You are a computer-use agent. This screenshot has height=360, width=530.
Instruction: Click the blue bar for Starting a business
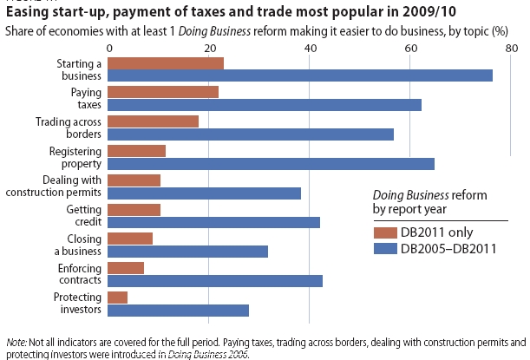(300, 75)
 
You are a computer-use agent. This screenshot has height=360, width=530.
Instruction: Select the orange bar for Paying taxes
(163, 92)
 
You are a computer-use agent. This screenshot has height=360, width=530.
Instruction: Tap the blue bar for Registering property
(272, 163)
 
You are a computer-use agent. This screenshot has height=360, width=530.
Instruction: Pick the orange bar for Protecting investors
(118, 297)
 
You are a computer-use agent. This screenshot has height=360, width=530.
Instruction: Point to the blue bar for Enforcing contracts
(215, 281)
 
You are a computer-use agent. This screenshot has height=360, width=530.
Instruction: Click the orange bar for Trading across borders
(154, 121)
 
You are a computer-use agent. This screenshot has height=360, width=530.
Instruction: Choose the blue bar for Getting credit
(214, 222)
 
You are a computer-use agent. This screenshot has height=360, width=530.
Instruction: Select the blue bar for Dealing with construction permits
(205, 193)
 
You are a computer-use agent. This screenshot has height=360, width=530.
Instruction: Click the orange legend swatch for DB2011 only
(383, 232)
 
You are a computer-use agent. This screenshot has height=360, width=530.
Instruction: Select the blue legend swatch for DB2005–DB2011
(383, 248)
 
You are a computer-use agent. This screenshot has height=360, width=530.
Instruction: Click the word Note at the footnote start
(16, 343)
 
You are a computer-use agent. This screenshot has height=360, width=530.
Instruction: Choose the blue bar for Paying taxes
(265, 105)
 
